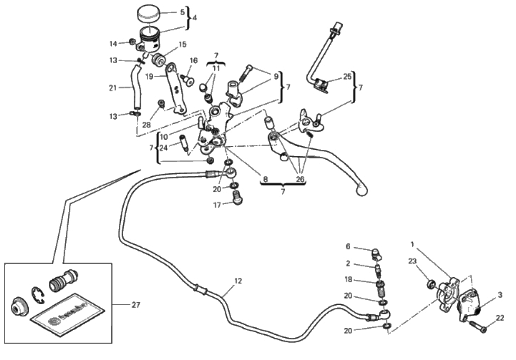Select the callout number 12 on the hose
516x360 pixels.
point(237,281)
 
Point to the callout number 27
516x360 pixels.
point(136,305)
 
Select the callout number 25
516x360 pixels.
point(347,77)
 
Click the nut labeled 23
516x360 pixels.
point(432,284)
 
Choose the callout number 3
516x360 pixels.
point(500,295)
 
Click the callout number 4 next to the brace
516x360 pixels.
point(195,18)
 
